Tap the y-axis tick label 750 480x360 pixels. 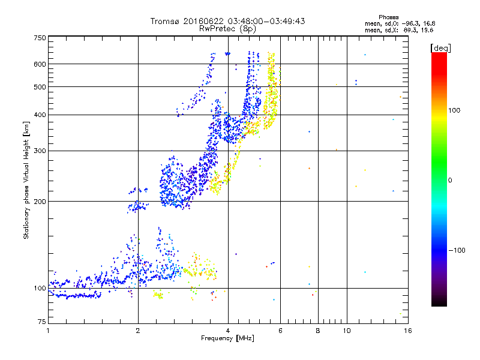tap(40, 38)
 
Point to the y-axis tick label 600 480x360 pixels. tap(40, 64)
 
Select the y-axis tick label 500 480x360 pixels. tap(40, 87)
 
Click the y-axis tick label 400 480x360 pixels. tap(40, 115)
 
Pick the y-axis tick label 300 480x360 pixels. tap(40, 151)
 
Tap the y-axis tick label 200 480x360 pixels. tap(40, 202)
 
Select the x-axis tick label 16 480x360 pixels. tap(407, 331)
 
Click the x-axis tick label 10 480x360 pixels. tap(346, 331)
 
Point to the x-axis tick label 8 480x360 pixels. tap(318, 331)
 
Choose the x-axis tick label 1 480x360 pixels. tap(48, 331)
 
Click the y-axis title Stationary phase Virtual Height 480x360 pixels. tap(26, 180)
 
